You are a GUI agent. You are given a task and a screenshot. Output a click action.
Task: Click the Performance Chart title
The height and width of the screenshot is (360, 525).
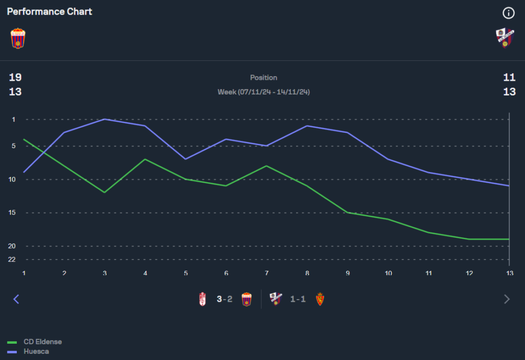pos(49,12)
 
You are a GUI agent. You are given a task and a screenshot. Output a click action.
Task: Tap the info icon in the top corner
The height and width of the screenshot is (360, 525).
pos(508,13)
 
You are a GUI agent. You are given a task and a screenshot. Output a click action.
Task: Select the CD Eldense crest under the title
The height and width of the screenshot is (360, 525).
pos(18,38)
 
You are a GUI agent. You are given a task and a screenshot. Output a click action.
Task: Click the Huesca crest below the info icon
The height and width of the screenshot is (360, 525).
pos(505,38)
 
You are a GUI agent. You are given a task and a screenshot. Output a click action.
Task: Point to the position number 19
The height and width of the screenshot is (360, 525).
pos(15,78)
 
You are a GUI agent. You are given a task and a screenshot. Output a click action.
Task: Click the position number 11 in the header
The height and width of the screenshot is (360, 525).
pos(509,78)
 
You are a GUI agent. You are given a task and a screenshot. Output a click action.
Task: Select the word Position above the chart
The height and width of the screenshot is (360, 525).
pos(264,78)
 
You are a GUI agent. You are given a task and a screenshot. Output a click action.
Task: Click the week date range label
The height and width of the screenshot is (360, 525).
pos(264,92)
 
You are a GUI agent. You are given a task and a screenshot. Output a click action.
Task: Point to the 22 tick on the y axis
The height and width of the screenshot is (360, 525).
pos(12,259)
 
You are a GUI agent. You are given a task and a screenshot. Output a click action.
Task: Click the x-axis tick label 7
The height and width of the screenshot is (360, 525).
pos(267,273)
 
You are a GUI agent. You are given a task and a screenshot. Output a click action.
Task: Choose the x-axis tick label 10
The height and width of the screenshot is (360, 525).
pos(388,273)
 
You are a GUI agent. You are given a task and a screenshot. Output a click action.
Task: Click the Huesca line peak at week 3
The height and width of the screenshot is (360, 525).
pos(104,119)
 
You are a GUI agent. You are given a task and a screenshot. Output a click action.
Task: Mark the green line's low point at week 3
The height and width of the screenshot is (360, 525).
pos(104,193)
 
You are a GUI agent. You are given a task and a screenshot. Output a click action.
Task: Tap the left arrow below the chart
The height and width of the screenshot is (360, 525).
pos(16,299)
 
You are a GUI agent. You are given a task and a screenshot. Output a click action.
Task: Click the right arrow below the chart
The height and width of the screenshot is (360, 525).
pos(507,299)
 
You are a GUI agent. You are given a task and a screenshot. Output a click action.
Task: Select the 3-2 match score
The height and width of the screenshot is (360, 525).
pos(224,299)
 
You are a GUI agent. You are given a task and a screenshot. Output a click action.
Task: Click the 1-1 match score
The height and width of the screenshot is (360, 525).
pos(298,299)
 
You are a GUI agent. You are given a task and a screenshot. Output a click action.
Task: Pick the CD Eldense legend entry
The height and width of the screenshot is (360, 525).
pos(42,342)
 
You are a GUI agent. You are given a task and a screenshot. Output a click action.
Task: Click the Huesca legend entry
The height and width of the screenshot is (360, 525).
pos(36,351)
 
